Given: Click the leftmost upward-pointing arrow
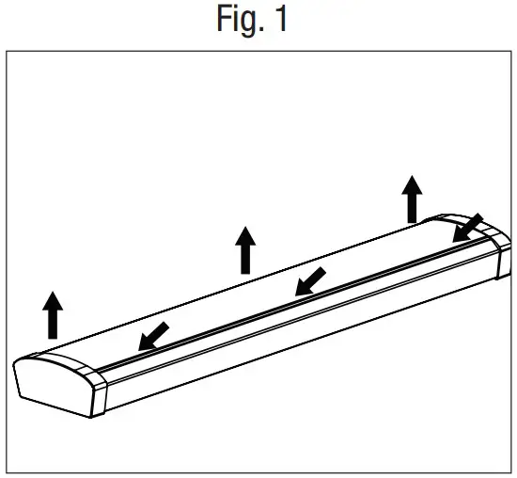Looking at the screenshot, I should pos(54,315).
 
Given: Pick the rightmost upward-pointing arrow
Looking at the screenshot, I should pos(412,199).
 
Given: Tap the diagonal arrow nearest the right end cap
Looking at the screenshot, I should pos(467,229).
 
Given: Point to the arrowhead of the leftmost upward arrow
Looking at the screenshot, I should pos(54,301).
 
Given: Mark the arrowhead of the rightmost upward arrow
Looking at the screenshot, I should pos(412,184).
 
